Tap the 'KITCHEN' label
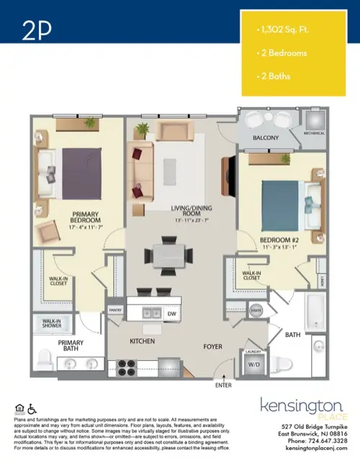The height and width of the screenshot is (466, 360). [143, 340]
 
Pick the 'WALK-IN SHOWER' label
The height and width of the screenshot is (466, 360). [50, 323]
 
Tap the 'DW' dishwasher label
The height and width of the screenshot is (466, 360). [172, 314]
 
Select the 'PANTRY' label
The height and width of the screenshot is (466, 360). [115, 310]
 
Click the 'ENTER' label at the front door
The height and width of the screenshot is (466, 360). [225, 385]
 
